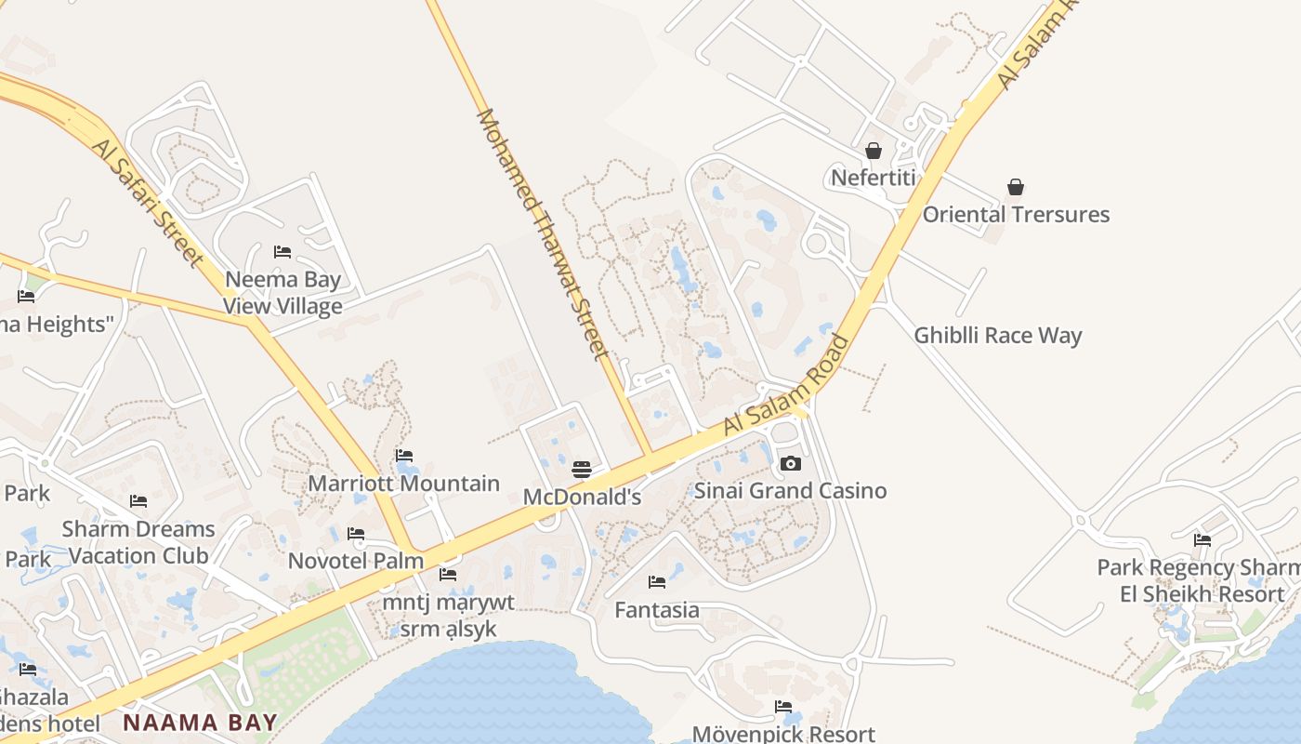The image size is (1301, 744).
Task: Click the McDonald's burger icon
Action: tap(582, 470)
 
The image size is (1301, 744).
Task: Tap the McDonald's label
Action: tap(582, 498)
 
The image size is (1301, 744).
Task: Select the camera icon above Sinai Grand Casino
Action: tap(790, 463)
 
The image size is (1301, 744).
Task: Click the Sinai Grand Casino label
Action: tap(791, 490)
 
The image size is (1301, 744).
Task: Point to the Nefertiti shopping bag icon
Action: tap(874, 151)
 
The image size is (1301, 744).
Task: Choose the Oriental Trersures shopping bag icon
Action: tap(1016, 187)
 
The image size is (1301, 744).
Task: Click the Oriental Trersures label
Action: tap(1016, 214)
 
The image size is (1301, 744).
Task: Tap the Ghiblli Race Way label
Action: tap(998, 336)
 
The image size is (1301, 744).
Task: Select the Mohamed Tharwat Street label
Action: tap(543, 233)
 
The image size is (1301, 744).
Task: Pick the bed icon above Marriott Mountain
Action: tap(404, 456)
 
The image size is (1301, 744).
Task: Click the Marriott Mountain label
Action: tap(403, 484)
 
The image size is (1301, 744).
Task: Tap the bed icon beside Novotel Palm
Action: tap(356, 534)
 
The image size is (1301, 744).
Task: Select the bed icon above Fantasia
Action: tap(657, 582)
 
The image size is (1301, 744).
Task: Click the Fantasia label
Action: tap(657, 610)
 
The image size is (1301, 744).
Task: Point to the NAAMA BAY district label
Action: tap(201, 723)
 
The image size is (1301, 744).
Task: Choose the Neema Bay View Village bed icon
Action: tap(283, 252)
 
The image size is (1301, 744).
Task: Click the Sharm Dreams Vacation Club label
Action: tap(138, 542)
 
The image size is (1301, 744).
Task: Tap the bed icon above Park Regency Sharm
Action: tap(1202, 539)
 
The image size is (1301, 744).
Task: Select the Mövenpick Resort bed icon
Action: tap(783, 707)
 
